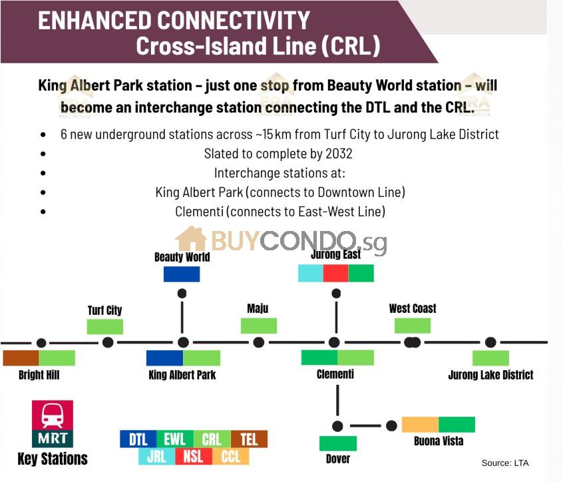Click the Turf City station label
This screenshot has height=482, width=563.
coord(105,310)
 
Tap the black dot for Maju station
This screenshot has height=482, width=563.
coord(258,342)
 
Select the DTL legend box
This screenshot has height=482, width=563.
coord(138,439)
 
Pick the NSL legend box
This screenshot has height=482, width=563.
coord(194,457)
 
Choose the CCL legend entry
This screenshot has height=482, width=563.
coord(230,457)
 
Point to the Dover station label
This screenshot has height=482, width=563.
coord(338,459)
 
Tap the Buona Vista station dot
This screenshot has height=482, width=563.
coord(391,426)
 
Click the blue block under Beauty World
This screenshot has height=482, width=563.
coord(182,274)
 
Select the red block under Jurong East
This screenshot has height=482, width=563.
coord(335,274)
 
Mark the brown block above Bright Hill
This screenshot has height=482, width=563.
coord(21,358)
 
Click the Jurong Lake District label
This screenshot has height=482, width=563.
coord(491,375)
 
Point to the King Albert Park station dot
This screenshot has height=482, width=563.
coord(183,342)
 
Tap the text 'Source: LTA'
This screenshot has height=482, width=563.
coord(505,463)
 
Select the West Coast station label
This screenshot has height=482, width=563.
coord(413,308)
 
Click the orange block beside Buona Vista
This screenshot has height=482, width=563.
coord(420,425)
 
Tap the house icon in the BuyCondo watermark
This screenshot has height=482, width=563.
coord(191,238)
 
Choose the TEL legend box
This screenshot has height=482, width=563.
coord(249,439)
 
